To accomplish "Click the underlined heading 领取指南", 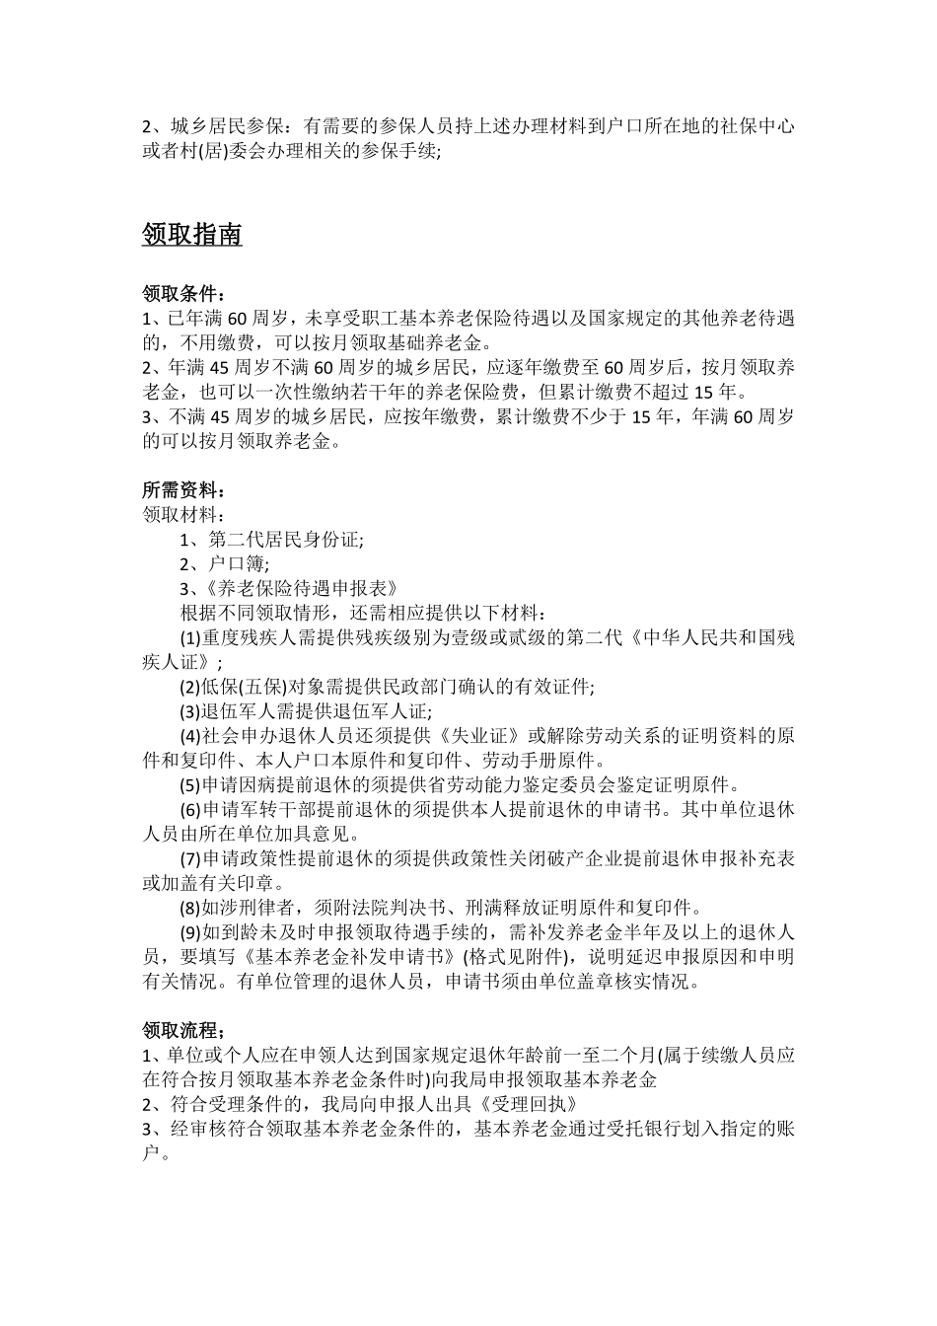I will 192,235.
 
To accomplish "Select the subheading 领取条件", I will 183,294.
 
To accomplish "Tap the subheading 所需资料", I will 183,490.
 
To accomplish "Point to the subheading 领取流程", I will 183,1031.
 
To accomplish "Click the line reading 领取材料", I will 183,515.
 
